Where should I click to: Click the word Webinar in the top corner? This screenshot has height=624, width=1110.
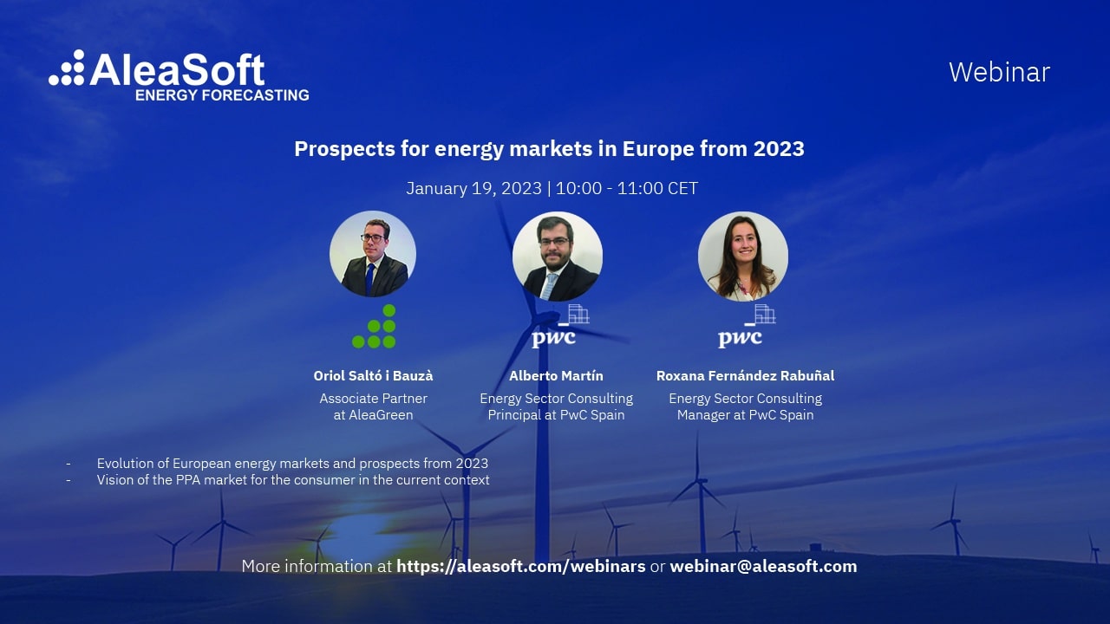point(999,72)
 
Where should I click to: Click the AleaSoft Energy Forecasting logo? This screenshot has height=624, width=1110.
point(179,75)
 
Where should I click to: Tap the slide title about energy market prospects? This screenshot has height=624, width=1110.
point(549,149)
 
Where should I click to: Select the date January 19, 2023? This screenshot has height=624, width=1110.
point(473,188)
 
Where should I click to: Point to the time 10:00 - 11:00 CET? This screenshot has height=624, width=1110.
point(626,188)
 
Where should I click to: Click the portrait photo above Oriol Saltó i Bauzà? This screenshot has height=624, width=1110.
point(373,254)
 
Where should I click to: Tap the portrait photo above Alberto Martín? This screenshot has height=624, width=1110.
point(557,257)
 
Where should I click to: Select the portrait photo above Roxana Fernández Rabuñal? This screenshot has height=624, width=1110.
point(743,257)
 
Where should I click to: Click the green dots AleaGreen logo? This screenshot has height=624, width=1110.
point(375,327)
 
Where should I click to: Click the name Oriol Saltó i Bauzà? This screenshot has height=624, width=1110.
point(373,376)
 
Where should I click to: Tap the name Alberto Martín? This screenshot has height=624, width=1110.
point(556,376)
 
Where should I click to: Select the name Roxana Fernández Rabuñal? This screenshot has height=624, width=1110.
point(745,376)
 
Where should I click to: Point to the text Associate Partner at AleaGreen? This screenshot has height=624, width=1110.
point(373,406)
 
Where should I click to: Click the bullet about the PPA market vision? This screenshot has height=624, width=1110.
point(293,480)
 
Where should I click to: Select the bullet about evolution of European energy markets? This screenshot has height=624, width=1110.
point(292,464)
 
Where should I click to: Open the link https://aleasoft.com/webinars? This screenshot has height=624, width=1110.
point(520,567)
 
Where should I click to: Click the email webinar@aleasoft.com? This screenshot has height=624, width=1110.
point(763,567)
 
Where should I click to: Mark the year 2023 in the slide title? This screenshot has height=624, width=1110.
point(778,149)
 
